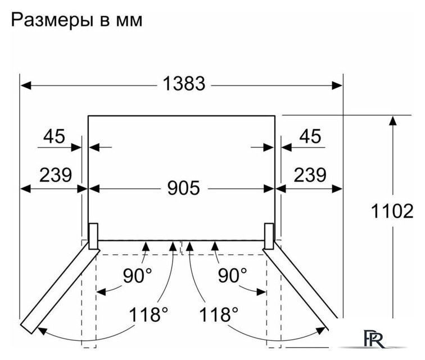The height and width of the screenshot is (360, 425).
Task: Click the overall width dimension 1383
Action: point(184,84)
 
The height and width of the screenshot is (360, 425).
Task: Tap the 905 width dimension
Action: point(183,188)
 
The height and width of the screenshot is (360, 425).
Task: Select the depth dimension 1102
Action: point(392,211)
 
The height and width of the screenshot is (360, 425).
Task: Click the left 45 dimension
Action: point(54,136)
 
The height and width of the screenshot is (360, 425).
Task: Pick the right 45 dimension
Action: point(310,136)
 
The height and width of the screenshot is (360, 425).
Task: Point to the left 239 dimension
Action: point(56,175)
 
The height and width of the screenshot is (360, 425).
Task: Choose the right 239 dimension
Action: point(310,175)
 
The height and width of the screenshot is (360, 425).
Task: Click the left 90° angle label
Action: point(137,276)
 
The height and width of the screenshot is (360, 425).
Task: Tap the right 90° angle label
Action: point(233,276)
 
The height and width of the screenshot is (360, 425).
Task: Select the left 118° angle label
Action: point(148,314)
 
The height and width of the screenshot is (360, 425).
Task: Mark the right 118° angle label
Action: point(219,314)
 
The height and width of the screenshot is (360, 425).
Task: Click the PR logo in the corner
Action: point(374,339)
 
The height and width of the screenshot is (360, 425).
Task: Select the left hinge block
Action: point(93,236)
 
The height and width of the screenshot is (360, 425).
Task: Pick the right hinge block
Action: point(269,236)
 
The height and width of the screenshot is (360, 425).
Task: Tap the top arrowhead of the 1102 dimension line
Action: point(393,120)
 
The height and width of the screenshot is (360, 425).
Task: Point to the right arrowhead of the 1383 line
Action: point(337,85)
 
